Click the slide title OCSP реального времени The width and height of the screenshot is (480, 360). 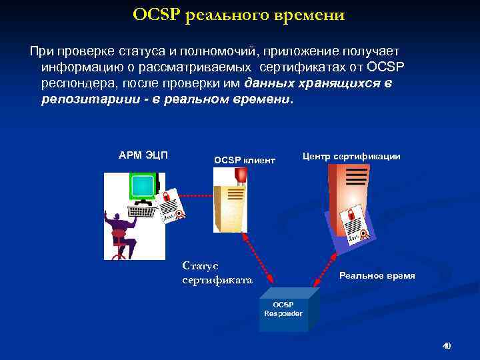click(x=239, y=15)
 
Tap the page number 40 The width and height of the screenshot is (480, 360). click(x=447, y=346)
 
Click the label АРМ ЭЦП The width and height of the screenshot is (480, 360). click(x=143, y=156)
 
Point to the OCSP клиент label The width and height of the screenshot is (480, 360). click(x=244, y=160)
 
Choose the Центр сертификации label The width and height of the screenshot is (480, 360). click(x=351, y=156)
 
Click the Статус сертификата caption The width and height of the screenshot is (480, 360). click(x=217, y=273)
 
